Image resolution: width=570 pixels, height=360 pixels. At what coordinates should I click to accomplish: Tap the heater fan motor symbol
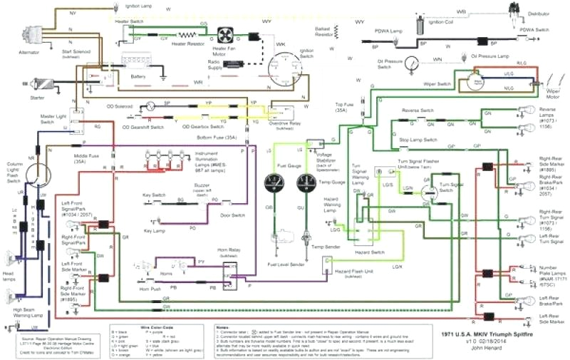click(226, 34)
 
